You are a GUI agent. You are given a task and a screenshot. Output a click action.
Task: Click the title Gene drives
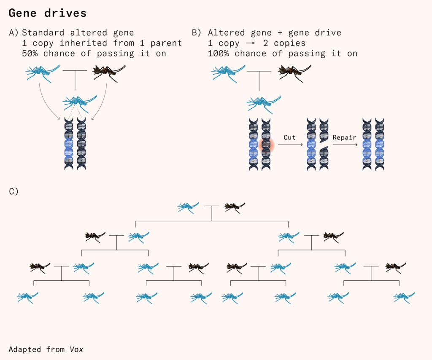tap(47, 13)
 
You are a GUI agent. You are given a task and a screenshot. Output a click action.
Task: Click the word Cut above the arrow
tap(289, 137)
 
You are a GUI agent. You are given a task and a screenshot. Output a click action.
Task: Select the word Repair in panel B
tap(345, 137)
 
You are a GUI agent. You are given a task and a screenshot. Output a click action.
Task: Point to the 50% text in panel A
tap(30, 54)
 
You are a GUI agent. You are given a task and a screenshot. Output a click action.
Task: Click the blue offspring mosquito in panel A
tap(80, 102)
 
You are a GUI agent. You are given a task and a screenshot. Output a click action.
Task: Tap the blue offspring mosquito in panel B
tap(264, 102)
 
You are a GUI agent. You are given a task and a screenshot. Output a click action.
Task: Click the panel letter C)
tap(14, 191)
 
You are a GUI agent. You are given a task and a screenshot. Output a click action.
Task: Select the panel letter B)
tap(197, 32)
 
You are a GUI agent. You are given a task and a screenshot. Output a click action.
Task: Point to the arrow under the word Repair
tap(345, 145)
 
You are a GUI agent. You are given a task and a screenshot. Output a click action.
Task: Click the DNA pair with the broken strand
tap(317, 145)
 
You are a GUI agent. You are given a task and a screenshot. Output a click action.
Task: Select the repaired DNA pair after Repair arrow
tap(373, 145)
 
